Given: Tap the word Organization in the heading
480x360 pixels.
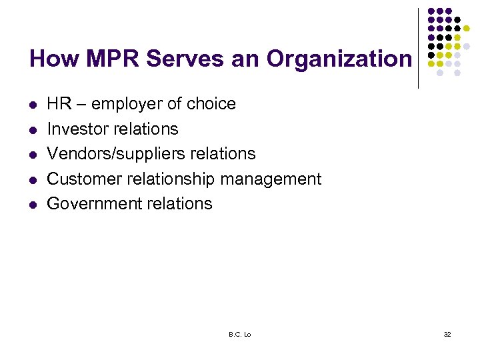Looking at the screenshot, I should click(339, 59).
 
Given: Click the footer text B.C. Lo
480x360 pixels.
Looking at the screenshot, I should click(239, 334).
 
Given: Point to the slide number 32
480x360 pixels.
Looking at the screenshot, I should click(447, 334).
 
